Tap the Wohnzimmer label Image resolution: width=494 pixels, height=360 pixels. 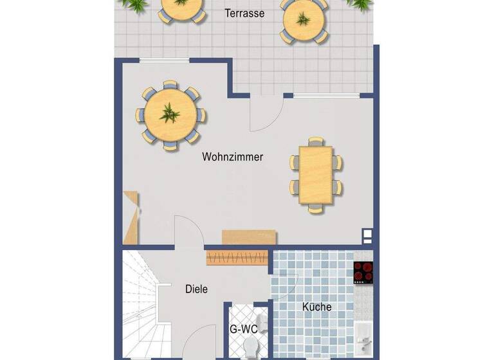click(x=232, y=156)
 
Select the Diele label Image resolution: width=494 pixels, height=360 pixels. click(x=196, y=289)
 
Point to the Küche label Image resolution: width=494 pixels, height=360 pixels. click(x=317, y=307)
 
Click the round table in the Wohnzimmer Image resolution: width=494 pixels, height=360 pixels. click(x=170, y=116)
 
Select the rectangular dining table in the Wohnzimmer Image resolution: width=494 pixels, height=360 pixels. click(x=316, y=174)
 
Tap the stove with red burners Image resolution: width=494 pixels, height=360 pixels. click(x=363, y=273)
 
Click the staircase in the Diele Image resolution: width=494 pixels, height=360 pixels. click(x=142, y=302)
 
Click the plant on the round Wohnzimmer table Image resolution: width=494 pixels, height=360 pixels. click(x=170, y=114)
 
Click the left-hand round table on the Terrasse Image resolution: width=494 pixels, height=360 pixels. click(x=181, y=6)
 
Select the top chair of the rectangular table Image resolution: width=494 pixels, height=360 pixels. click(x=316, y=141)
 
